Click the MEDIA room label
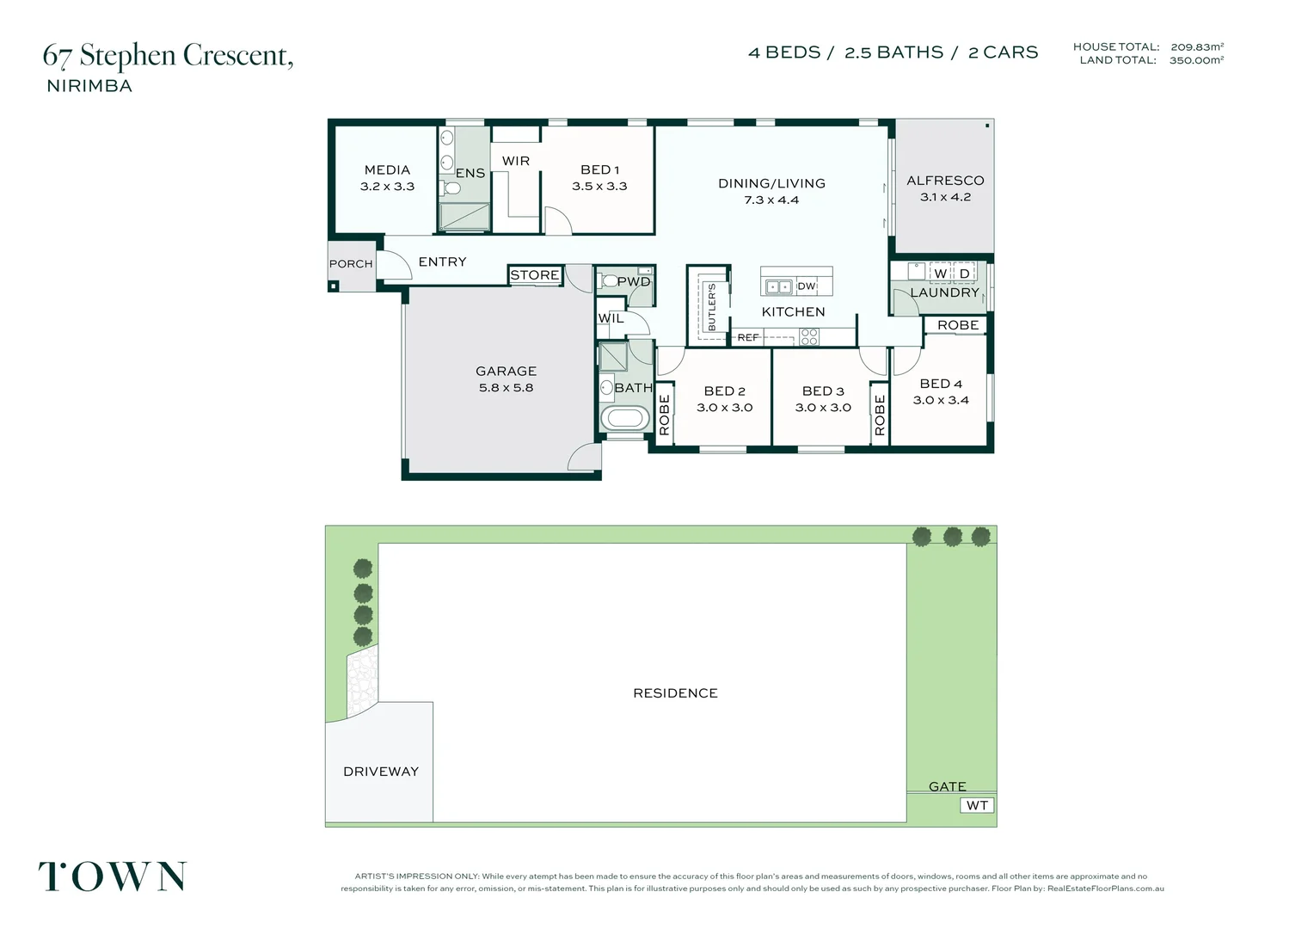click(387, 170)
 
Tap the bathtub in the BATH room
click(625, 418)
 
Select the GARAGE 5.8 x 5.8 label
click(506, 379)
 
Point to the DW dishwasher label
click(807, 286)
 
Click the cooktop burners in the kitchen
click(809, 337)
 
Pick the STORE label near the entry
click(534, 275)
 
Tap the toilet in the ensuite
click(451, 188)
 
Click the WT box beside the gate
click(977, 806)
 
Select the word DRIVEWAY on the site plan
click(381, 772)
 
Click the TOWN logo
click(113, 877)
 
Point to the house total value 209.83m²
click(1197, 47)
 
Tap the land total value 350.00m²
click(1196, 60)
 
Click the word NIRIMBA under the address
click(89, 86)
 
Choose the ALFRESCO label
click(945, 181)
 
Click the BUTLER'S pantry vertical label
click(711, 307)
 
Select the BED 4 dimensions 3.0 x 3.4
click(941, 400)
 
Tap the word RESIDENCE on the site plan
click(675, 693)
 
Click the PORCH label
click(351, 264)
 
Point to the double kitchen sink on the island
click(779, 287)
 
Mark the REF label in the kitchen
click(748, 337)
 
